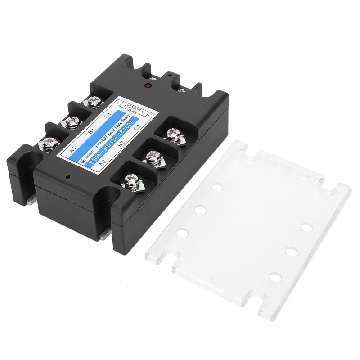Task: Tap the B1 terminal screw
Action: pyautogui.click(x=72, y=121)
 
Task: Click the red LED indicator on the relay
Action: pyautogui.click(x=148, y=85)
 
